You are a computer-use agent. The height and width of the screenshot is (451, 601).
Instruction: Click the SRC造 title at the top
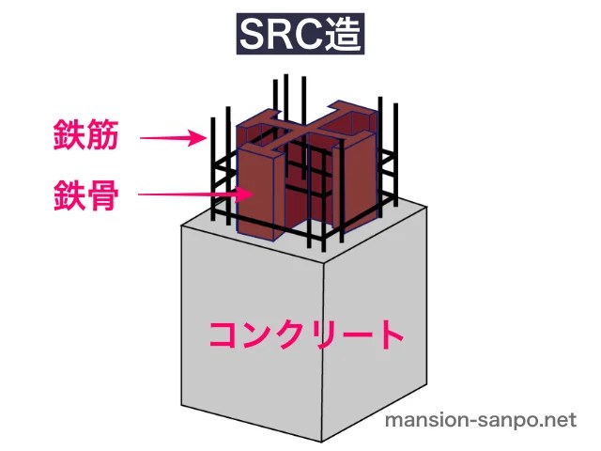[300, 38]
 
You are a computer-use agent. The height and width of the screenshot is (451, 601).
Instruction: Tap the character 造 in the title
[342, 38]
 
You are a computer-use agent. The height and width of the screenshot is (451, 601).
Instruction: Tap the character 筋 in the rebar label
[101, 139]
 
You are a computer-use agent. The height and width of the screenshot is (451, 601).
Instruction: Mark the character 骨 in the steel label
[101, 196]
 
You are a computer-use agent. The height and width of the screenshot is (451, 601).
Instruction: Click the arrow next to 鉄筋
[174, 139]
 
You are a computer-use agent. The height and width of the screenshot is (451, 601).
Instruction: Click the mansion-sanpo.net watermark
[481, 421]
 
